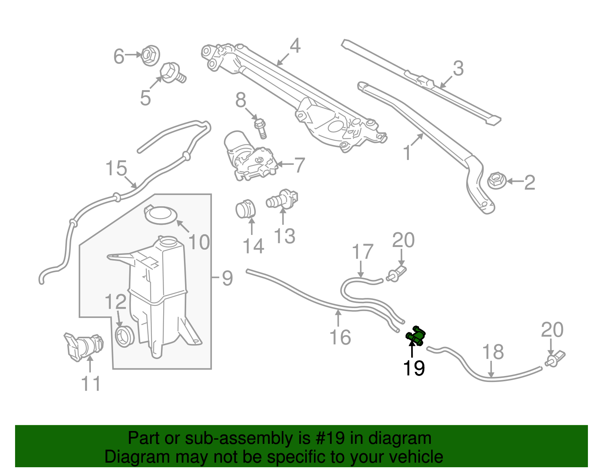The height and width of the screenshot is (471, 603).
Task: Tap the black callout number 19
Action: point(414,368)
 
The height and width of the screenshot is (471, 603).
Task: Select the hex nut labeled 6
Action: point(150,55)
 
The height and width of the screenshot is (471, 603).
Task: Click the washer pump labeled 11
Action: point(84,346)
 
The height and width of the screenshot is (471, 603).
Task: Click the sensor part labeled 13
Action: point(283,199)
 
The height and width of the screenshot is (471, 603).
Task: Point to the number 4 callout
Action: point(295,46)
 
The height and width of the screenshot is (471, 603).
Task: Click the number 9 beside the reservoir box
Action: point(227,278)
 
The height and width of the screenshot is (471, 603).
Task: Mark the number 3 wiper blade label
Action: point(458,68)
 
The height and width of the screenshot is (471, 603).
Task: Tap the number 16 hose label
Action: point(340,337)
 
